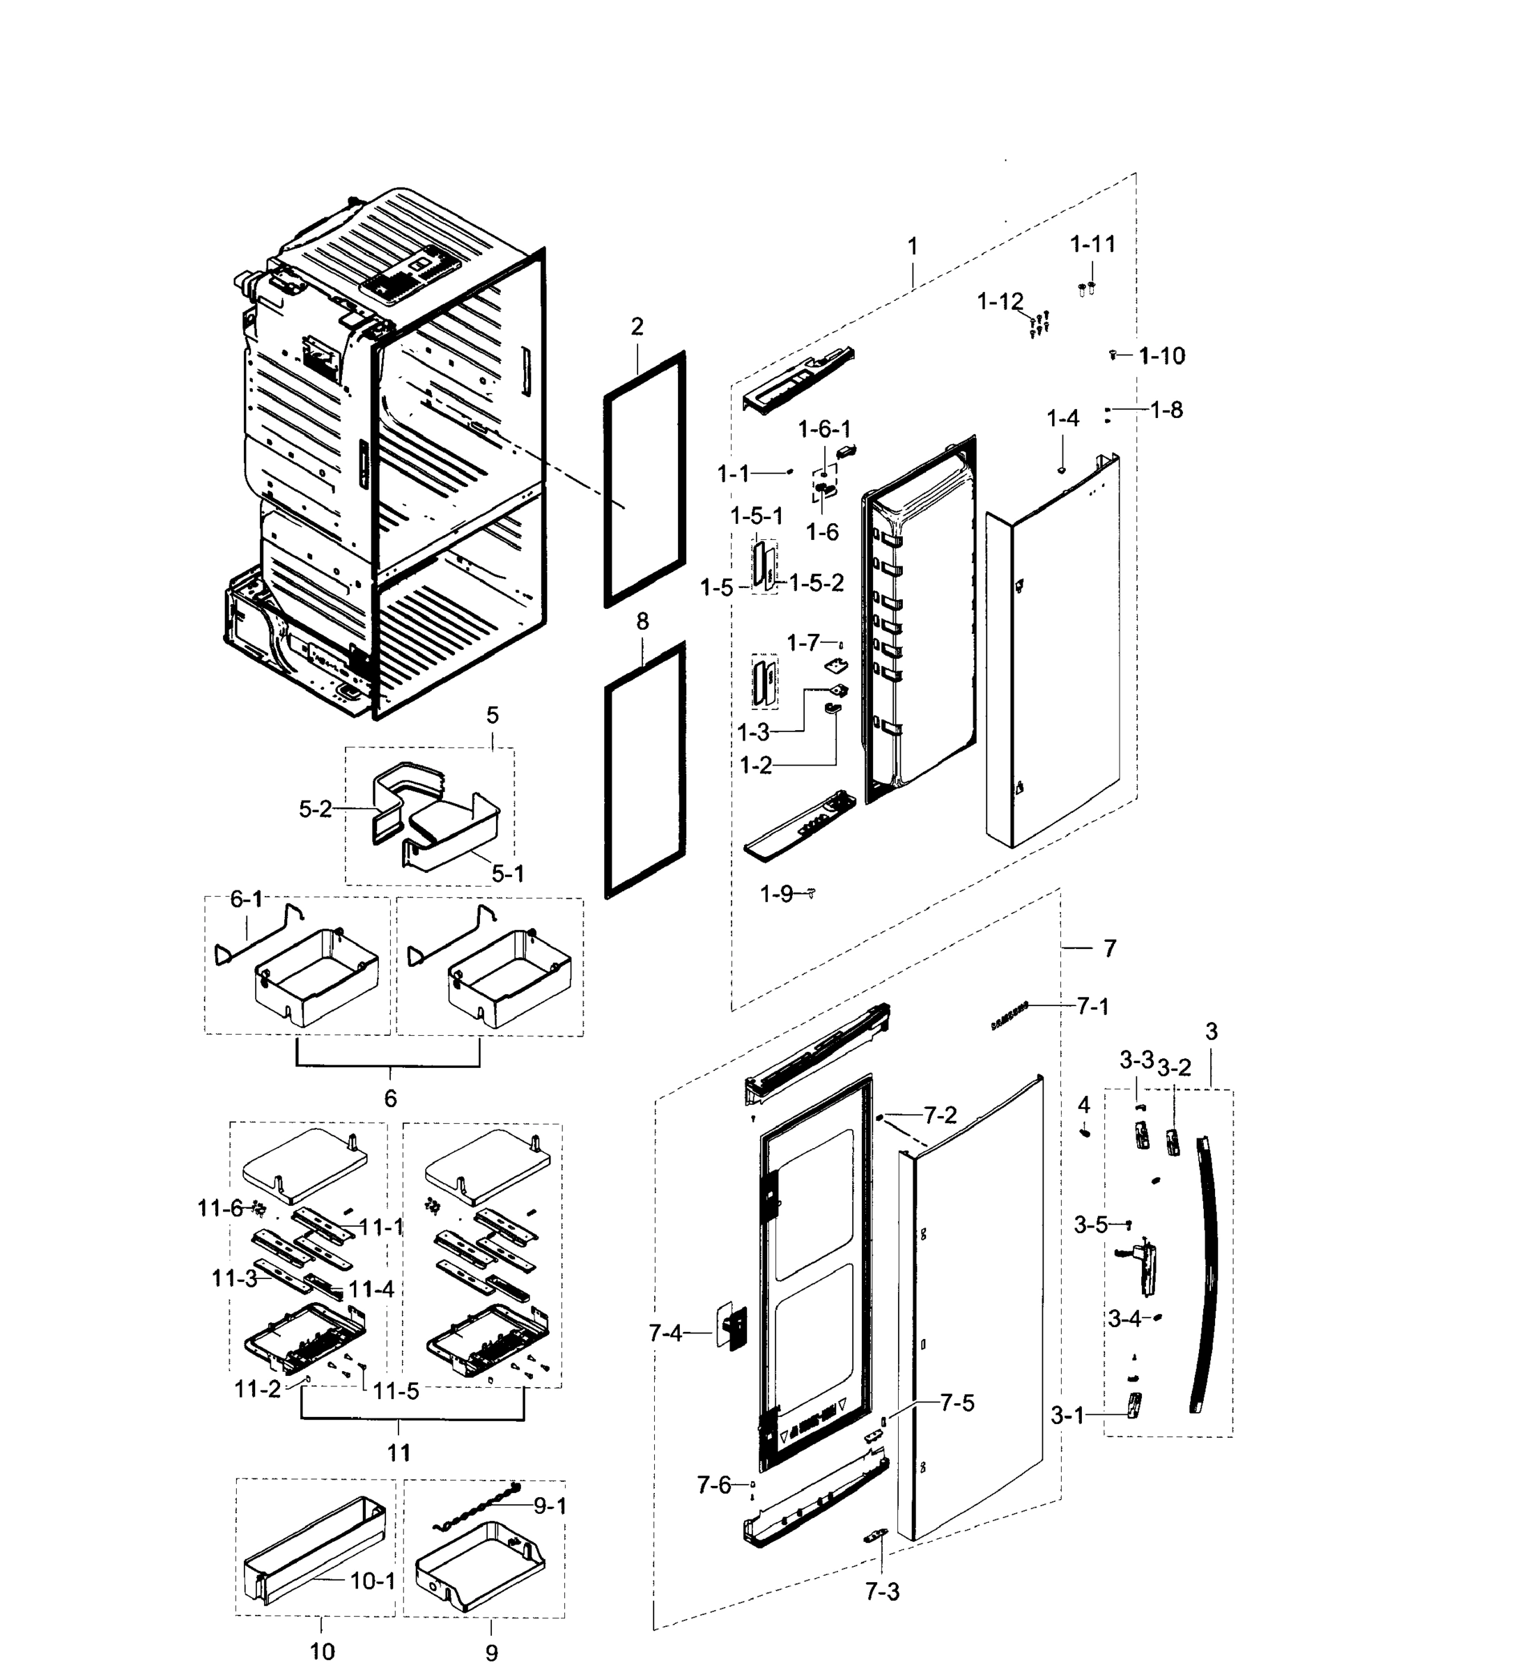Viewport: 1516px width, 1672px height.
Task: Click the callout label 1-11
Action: tap(1092, 244)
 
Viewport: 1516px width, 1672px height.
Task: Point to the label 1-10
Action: tap(1162, 356)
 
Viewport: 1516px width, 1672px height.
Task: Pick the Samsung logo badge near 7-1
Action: tap(1010, 1015)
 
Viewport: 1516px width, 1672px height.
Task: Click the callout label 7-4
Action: tap(665, 1333)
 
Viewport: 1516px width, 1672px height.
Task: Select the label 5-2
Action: tap(315, 810)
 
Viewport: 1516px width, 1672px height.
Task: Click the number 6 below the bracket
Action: tap(389, 1099)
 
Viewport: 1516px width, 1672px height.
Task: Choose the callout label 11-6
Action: tap(219, 1209)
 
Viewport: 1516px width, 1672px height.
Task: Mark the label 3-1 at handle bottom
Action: tap(1067, 1416)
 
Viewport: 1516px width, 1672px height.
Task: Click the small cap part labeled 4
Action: tap(1085, 1133)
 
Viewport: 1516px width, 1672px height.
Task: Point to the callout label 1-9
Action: tap(777, 894)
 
